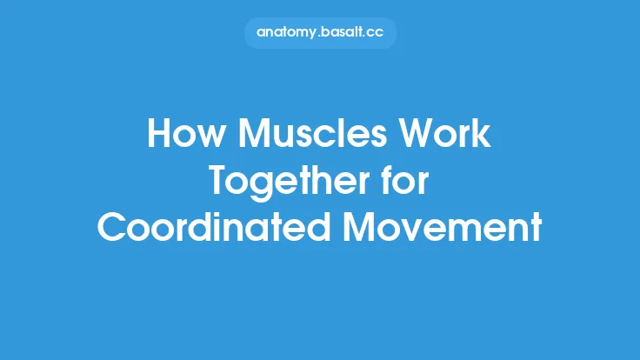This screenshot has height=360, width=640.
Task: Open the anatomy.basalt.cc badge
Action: [320, 33]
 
